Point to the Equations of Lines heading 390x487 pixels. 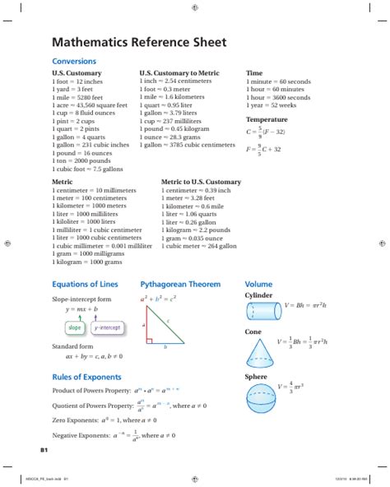[x=85, y=284]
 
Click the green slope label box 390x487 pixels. [x=75, y=327]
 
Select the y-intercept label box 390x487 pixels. [x=108, y=327]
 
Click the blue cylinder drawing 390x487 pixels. [x=262, y=310]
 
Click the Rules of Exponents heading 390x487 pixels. [x=87, y=376]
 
